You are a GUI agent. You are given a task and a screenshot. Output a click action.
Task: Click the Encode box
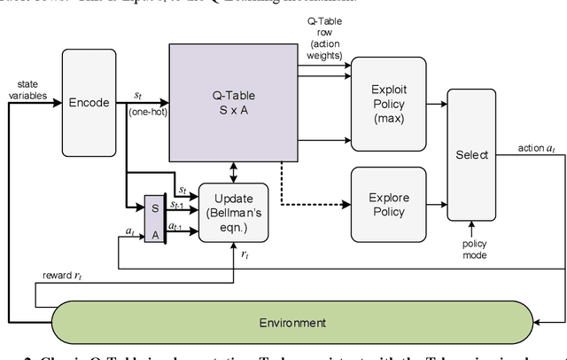(89, 102)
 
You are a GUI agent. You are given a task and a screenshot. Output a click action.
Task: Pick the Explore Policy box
(388, 203)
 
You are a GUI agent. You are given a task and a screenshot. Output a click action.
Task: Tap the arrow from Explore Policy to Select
(436, 203)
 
